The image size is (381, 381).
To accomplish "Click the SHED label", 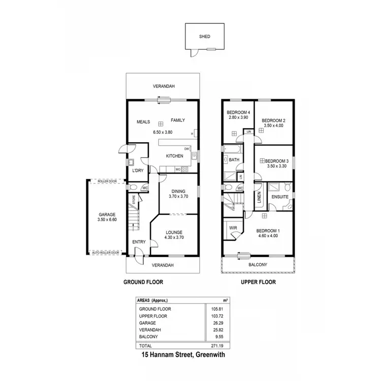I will pyautogui.click(x=205, y=37).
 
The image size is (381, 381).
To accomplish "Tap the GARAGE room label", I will pyautogui.click(x=107, y=214).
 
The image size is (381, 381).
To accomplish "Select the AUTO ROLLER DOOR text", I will pyautogui.click(x=106, y=252).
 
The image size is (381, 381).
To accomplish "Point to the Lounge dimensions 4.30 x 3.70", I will pyautogui.click(x=174, y=237).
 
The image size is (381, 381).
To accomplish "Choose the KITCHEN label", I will pyautogui.click(x=174, y=155).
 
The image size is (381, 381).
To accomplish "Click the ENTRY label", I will pyautogui.click(x=139, y=242).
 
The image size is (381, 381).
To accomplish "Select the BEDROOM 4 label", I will pyautogui.click(x=238, y=112).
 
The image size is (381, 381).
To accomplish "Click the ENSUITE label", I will pyautogui.click(x=280, y=196).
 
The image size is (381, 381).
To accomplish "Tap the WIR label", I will pyautogui.click(x=234, y=228).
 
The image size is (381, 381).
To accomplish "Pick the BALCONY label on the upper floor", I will pyautogui.click(x=258, y=265).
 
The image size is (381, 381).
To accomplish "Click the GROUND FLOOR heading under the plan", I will pyautogui.click(x=143, y=282).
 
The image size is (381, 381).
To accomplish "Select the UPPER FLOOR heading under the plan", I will pyautogui.click(x=259, y=282).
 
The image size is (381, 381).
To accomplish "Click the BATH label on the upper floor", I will pyautogui.click(x=234, y=160).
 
